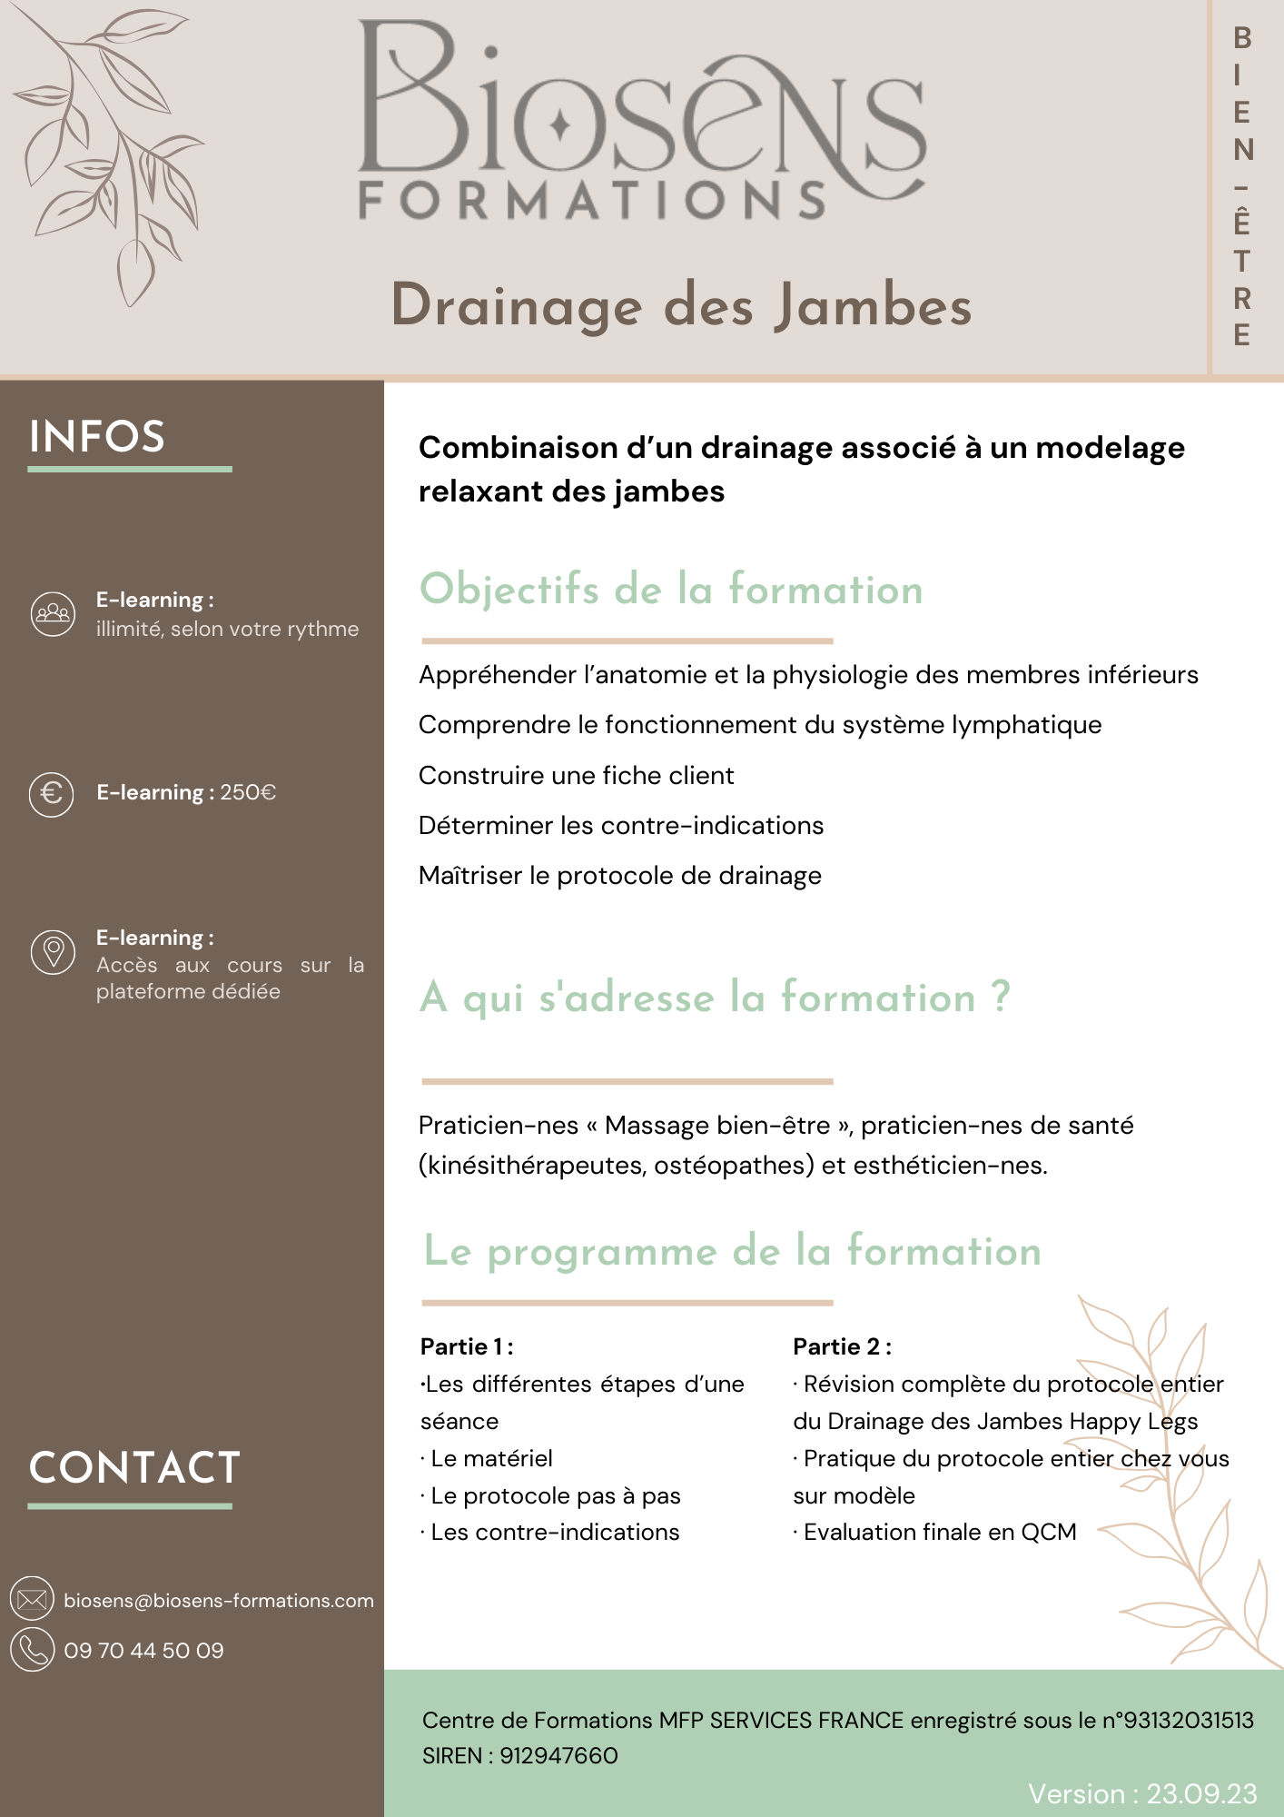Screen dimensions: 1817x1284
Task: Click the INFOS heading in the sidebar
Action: coord(97,437)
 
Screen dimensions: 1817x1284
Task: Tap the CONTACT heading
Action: coord(134,1468)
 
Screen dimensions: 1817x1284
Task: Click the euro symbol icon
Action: coord(52,794)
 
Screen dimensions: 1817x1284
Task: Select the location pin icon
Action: coord(54,952)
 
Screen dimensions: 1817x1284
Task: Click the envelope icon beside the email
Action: coord(33,1599)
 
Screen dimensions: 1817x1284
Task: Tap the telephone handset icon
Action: coord(33,1650)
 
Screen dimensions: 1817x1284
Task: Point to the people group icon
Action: coord(53,613)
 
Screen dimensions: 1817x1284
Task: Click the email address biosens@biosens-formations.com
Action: coord(219,1601)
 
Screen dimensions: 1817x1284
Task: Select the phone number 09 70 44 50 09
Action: coord(143,1651)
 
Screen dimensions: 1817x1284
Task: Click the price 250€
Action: coord(248,792)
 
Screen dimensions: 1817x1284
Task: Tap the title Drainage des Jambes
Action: coord(681,305)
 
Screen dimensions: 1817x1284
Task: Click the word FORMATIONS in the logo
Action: coord(592,201)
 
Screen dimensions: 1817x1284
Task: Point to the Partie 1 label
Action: coord(467,1346)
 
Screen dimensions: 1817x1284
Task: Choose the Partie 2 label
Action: coord(842,1346)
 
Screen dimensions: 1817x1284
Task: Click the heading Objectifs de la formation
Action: coord(671,590)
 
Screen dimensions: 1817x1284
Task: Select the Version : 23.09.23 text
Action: coord(1142,1793)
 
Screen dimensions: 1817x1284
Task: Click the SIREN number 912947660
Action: coord(558,1755)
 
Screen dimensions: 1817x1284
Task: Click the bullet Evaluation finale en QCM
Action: coord(939,1532)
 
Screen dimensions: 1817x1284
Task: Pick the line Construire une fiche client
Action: coord(576,775)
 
